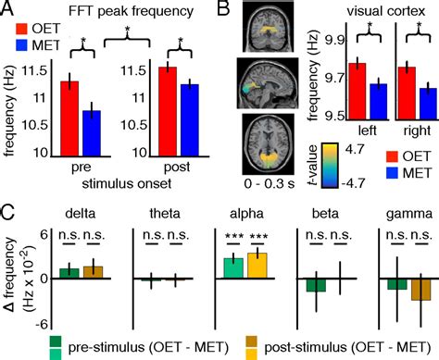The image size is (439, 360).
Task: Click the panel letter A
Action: coord(8,10)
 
